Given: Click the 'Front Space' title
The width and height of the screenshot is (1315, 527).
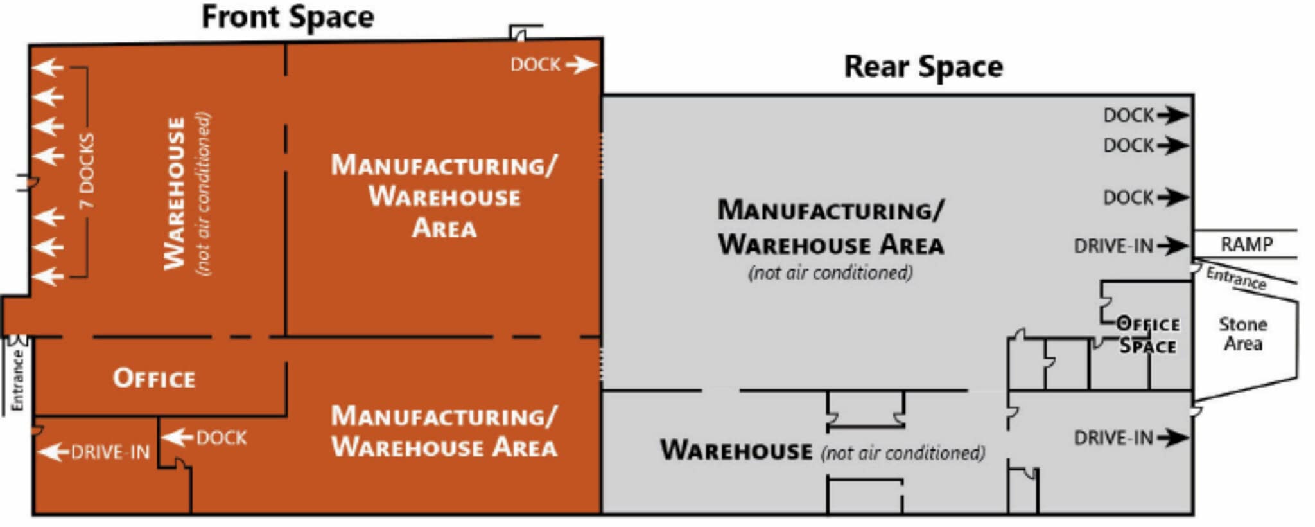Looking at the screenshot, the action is coord(288,17).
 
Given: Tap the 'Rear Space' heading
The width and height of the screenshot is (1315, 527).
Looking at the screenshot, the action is coord(923,67).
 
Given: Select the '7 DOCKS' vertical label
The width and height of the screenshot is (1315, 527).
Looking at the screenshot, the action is coord(87,171).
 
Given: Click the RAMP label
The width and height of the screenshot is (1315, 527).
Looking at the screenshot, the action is coord(1246,244).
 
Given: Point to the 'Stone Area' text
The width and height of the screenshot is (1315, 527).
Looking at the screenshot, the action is coord(1243,334).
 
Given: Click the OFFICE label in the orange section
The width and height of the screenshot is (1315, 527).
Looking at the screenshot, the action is coord(154,379).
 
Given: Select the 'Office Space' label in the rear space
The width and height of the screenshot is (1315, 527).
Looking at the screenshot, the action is coord(1148,335).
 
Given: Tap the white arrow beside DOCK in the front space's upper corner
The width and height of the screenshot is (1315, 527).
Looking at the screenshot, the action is coord(581,64).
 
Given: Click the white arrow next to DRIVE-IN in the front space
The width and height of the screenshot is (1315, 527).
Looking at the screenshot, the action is coord(53,452).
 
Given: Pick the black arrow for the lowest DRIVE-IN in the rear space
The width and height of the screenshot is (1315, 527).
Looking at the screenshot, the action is coord(1172,438).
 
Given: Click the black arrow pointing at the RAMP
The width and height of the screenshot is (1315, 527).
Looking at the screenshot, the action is coord(1172,246).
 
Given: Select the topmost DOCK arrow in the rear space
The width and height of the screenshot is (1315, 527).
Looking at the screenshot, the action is coord(1172,115).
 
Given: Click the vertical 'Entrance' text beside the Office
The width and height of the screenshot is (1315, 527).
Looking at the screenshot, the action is coord(17,380).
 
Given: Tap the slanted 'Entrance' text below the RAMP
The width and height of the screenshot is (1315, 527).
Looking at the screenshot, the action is coord(1236,278).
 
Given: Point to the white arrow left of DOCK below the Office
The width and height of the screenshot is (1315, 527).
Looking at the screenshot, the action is coord(177,438).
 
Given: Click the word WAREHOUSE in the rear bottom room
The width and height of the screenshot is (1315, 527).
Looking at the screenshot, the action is coord(736,450).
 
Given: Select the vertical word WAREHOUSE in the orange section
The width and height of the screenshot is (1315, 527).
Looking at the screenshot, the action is coord(175,193).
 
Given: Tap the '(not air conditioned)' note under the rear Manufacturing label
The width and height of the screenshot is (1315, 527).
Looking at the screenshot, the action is coord(830,272).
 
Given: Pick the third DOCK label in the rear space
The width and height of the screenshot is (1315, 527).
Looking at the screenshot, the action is coord(1128,197).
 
